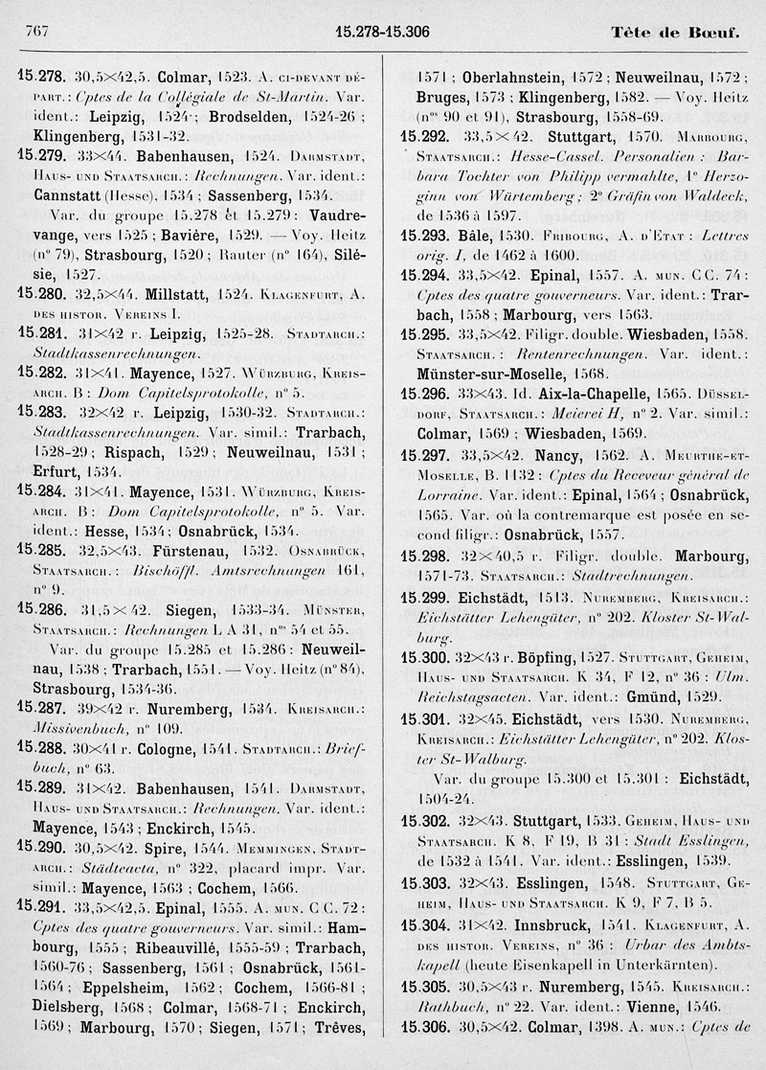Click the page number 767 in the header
[35, 32]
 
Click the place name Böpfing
[536, 657]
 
